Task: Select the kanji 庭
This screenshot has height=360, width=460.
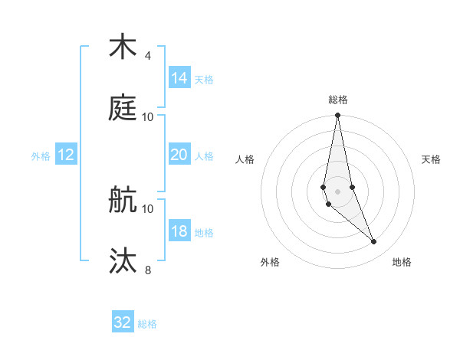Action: [x=123, y=108]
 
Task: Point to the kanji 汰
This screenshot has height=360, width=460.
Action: [x=123, y=261]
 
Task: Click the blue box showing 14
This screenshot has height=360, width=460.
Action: [x=179, y=78]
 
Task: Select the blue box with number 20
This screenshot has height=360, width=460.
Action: [x=179, y=155]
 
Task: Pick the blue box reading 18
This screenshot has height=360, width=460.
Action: [x=179, y=231]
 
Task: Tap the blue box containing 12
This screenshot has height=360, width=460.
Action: [x=66, y=155]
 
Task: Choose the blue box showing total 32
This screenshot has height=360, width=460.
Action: [x=123, y=322]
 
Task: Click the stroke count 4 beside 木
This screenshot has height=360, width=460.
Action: [x=148, y=56]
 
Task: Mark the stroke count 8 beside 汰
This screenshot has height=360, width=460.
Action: [x=148, y=270]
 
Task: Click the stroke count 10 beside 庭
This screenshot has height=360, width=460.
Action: [x=148, y=116]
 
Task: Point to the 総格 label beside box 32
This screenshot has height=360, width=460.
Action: [x=147, y=324]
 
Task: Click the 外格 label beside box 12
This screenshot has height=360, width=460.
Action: [x=41, y=156]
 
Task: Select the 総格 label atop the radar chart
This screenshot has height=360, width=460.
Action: [x=338, y=100]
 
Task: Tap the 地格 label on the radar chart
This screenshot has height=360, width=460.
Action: [x=402, y=262]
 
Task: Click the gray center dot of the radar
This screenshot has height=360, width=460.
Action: [x=338, y=191]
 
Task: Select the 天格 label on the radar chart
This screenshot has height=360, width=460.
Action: [x=431, y=159]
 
